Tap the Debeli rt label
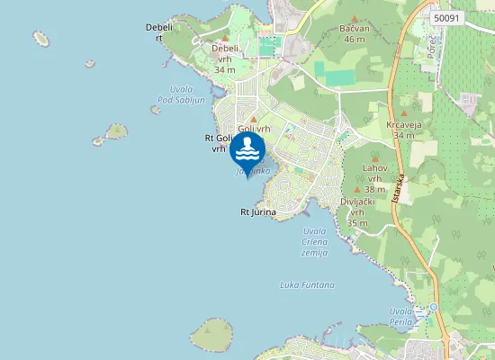pos(158,32)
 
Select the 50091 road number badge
pos(445,17)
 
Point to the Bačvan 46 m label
pos(354,34)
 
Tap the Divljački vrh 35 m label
pos(357,212)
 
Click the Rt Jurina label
pos(257,212)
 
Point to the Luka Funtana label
pos(307,284)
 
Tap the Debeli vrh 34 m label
pos(225,58)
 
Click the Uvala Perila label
pos(400,316)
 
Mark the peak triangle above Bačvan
pos(354,19)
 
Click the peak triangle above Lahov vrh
pos(375,157)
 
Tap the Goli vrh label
pos(253,129)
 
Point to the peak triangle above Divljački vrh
pos(357,192)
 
